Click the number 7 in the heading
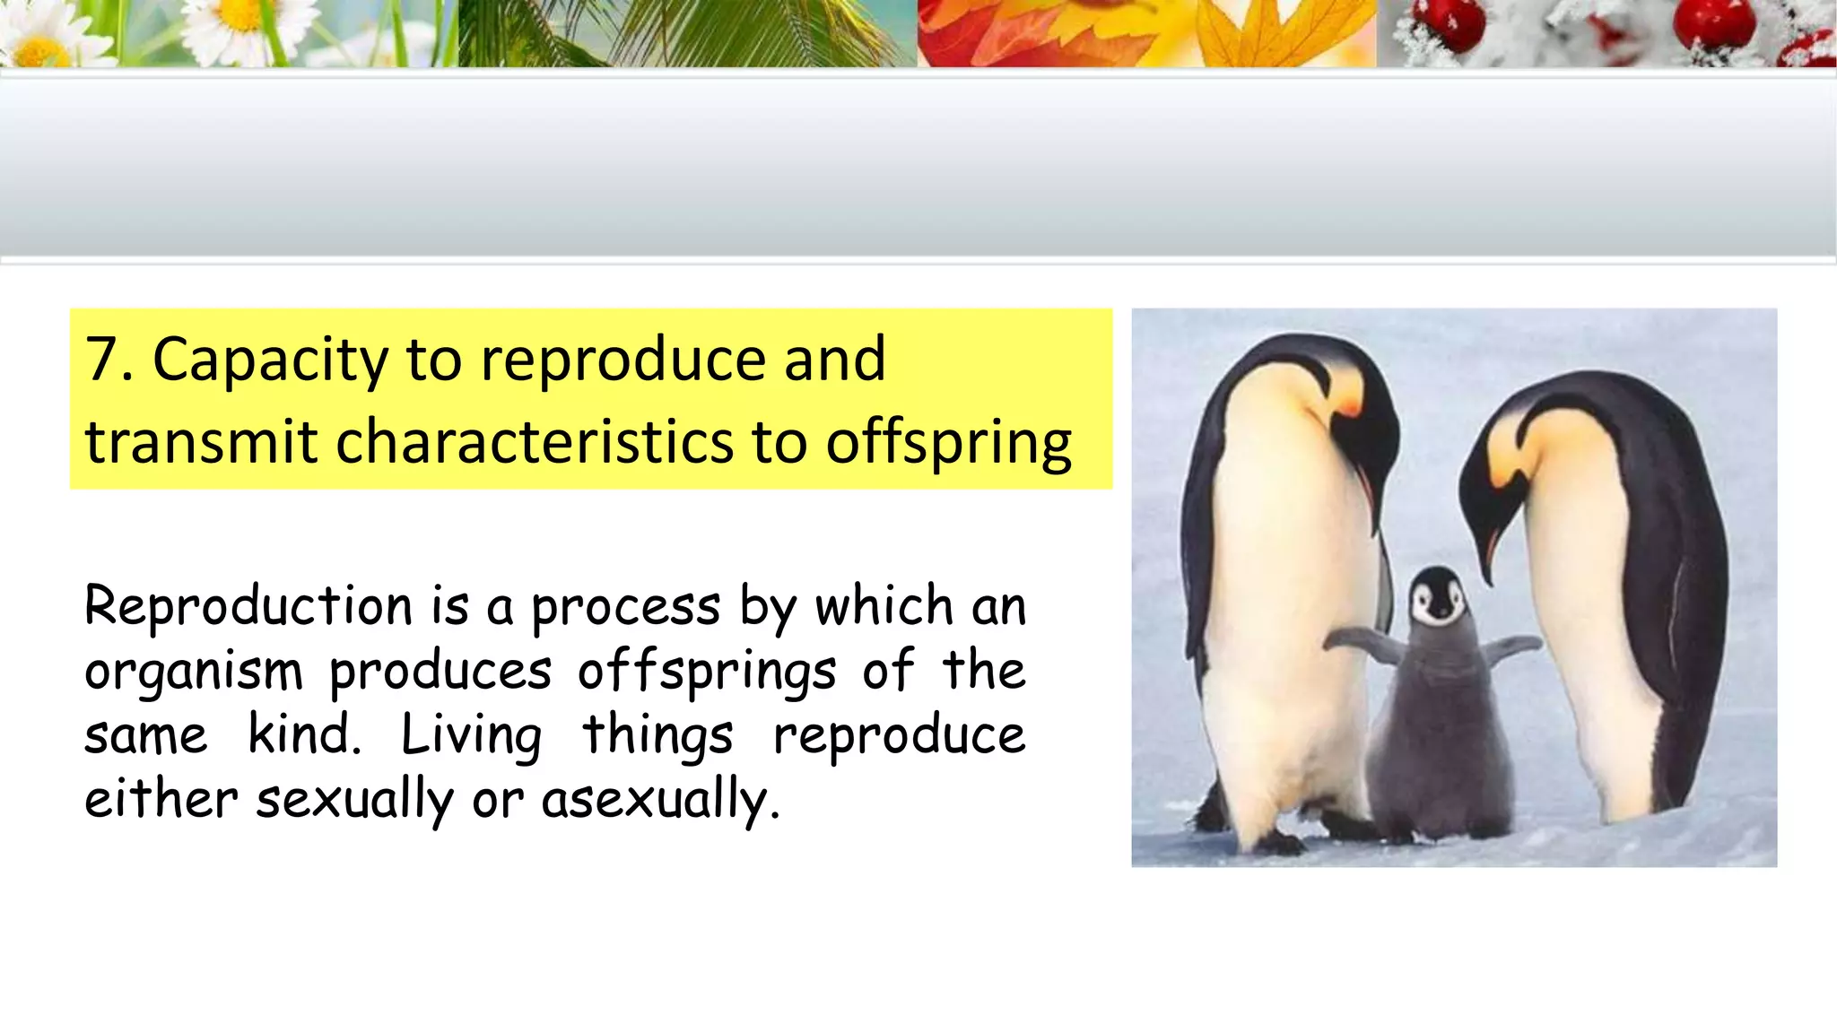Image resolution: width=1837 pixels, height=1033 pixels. click(x=101, y=360)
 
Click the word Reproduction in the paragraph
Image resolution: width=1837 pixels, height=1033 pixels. click(x=248, y=606)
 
